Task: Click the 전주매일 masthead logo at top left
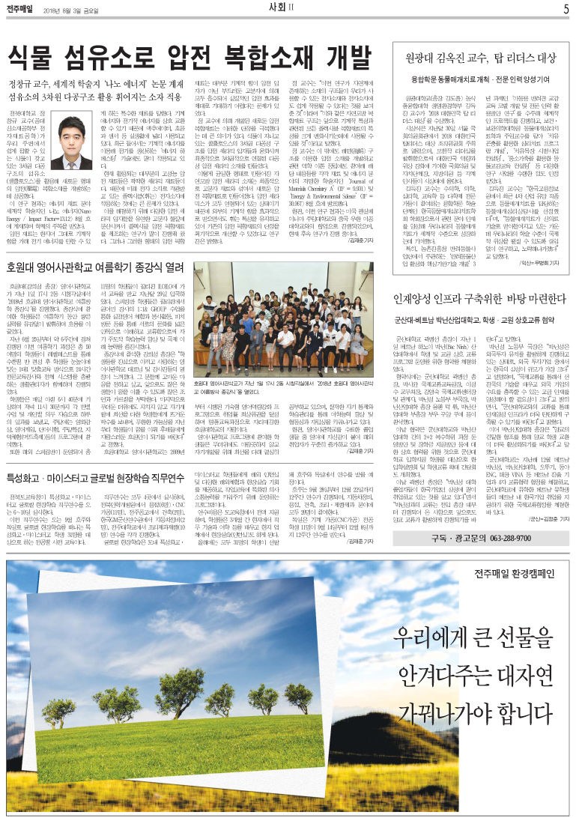click(20, 10)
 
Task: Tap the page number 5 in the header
click(566, 10)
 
